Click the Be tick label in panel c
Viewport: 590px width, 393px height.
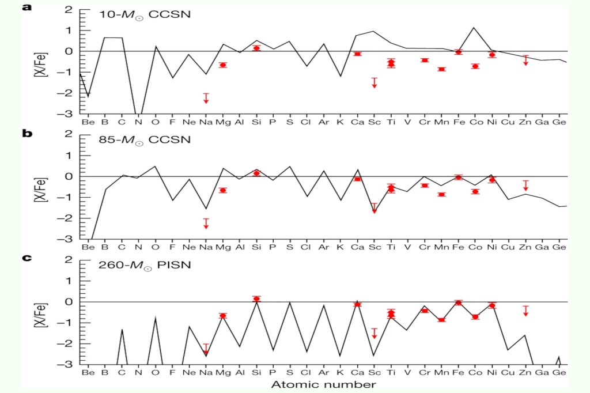click(88, 372)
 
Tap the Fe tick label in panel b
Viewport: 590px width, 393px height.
click(459, 247)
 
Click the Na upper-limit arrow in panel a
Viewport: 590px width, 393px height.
click(206, 99)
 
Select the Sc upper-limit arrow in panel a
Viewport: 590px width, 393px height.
click(374, 83)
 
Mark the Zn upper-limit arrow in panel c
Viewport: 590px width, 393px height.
click(525, 311)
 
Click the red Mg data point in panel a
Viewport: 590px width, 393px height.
click(222, 65)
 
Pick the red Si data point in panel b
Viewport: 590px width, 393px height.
click(256, 173)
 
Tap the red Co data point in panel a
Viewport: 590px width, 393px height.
click(475, 66)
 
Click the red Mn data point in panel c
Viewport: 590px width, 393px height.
click(442, 320)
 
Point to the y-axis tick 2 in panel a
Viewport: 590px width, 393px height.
click(67, 9)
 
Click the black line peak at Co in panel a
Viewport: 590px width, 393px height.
click(474, 28)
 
